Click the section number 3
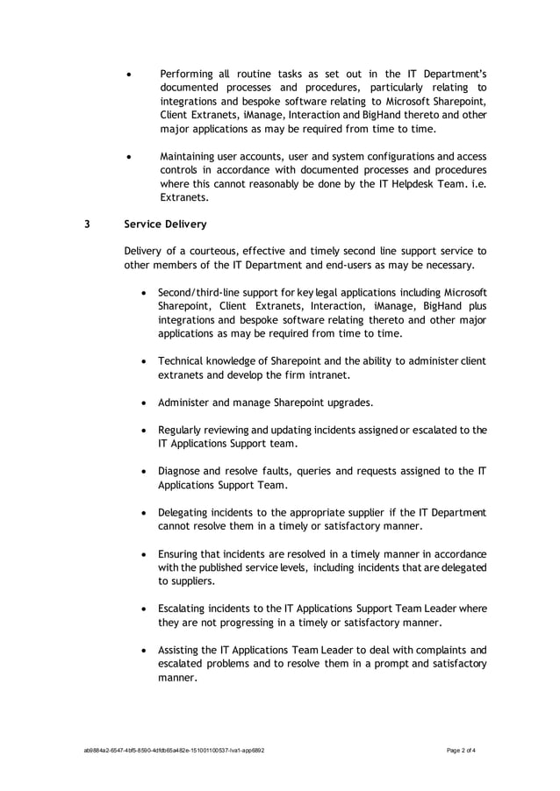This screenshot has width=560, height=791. pyautogui.click(x=86, y=223)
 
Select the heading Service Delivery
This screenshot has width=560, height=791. pyautogui.click(x=166, y=223)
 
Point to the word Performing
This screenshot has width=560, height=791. pyautogui.click(x=187, y=74)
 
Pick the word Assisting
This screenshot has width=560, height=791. pyautogui.click(x=183, y=650)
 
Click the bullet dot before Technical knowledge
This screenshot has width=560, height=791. pyautogui.click(x=145, y=361)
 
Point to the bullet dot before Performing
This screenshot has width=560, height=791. pyautogui.click(x=130, y=74)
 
